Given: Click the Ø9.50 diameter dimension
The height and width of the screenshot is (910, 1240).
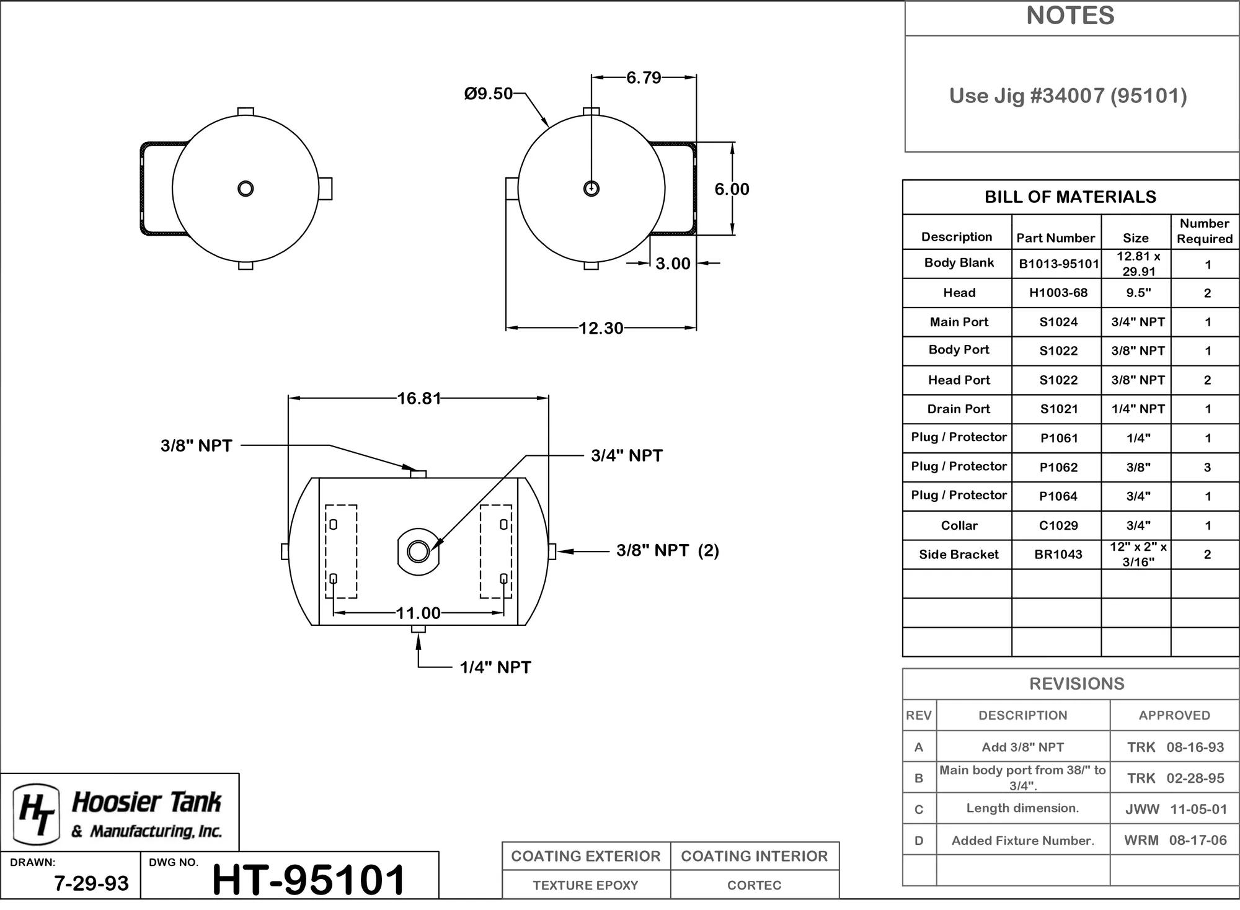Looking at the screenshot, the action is click(x=489, y=94).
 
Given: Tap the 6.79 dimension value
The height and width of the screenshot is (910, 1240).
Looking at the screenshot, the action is click(x=644, y=78).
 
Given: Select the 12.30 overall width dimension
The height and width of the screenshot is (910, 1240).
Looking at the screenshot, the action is click(x=601, y=328).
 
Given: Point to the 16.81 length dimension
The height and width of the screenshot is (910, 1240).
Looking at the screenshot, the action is click(x=418, y=398).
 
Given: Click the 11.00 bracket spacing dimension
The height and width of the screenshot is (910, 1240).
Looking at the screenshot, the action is click(x=418, y=613).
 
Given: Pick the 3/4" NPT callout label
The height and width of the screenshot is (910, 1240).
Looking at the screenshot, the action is click(x=627, y=456).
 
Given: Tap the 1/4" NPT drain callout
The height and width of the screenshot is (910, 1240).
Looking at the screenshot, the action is click(x=495, y=667).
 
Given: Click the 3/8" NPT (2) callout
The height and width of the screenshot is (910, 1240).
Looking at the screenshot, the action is click(x=668, y=551).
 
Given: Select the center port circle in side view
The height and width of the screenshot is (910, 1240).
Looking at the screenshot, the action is click(x=418, y=551).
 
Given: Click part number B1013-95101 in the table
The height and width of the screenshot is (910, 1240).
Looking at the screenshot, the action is click(x=1059, y=264).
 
